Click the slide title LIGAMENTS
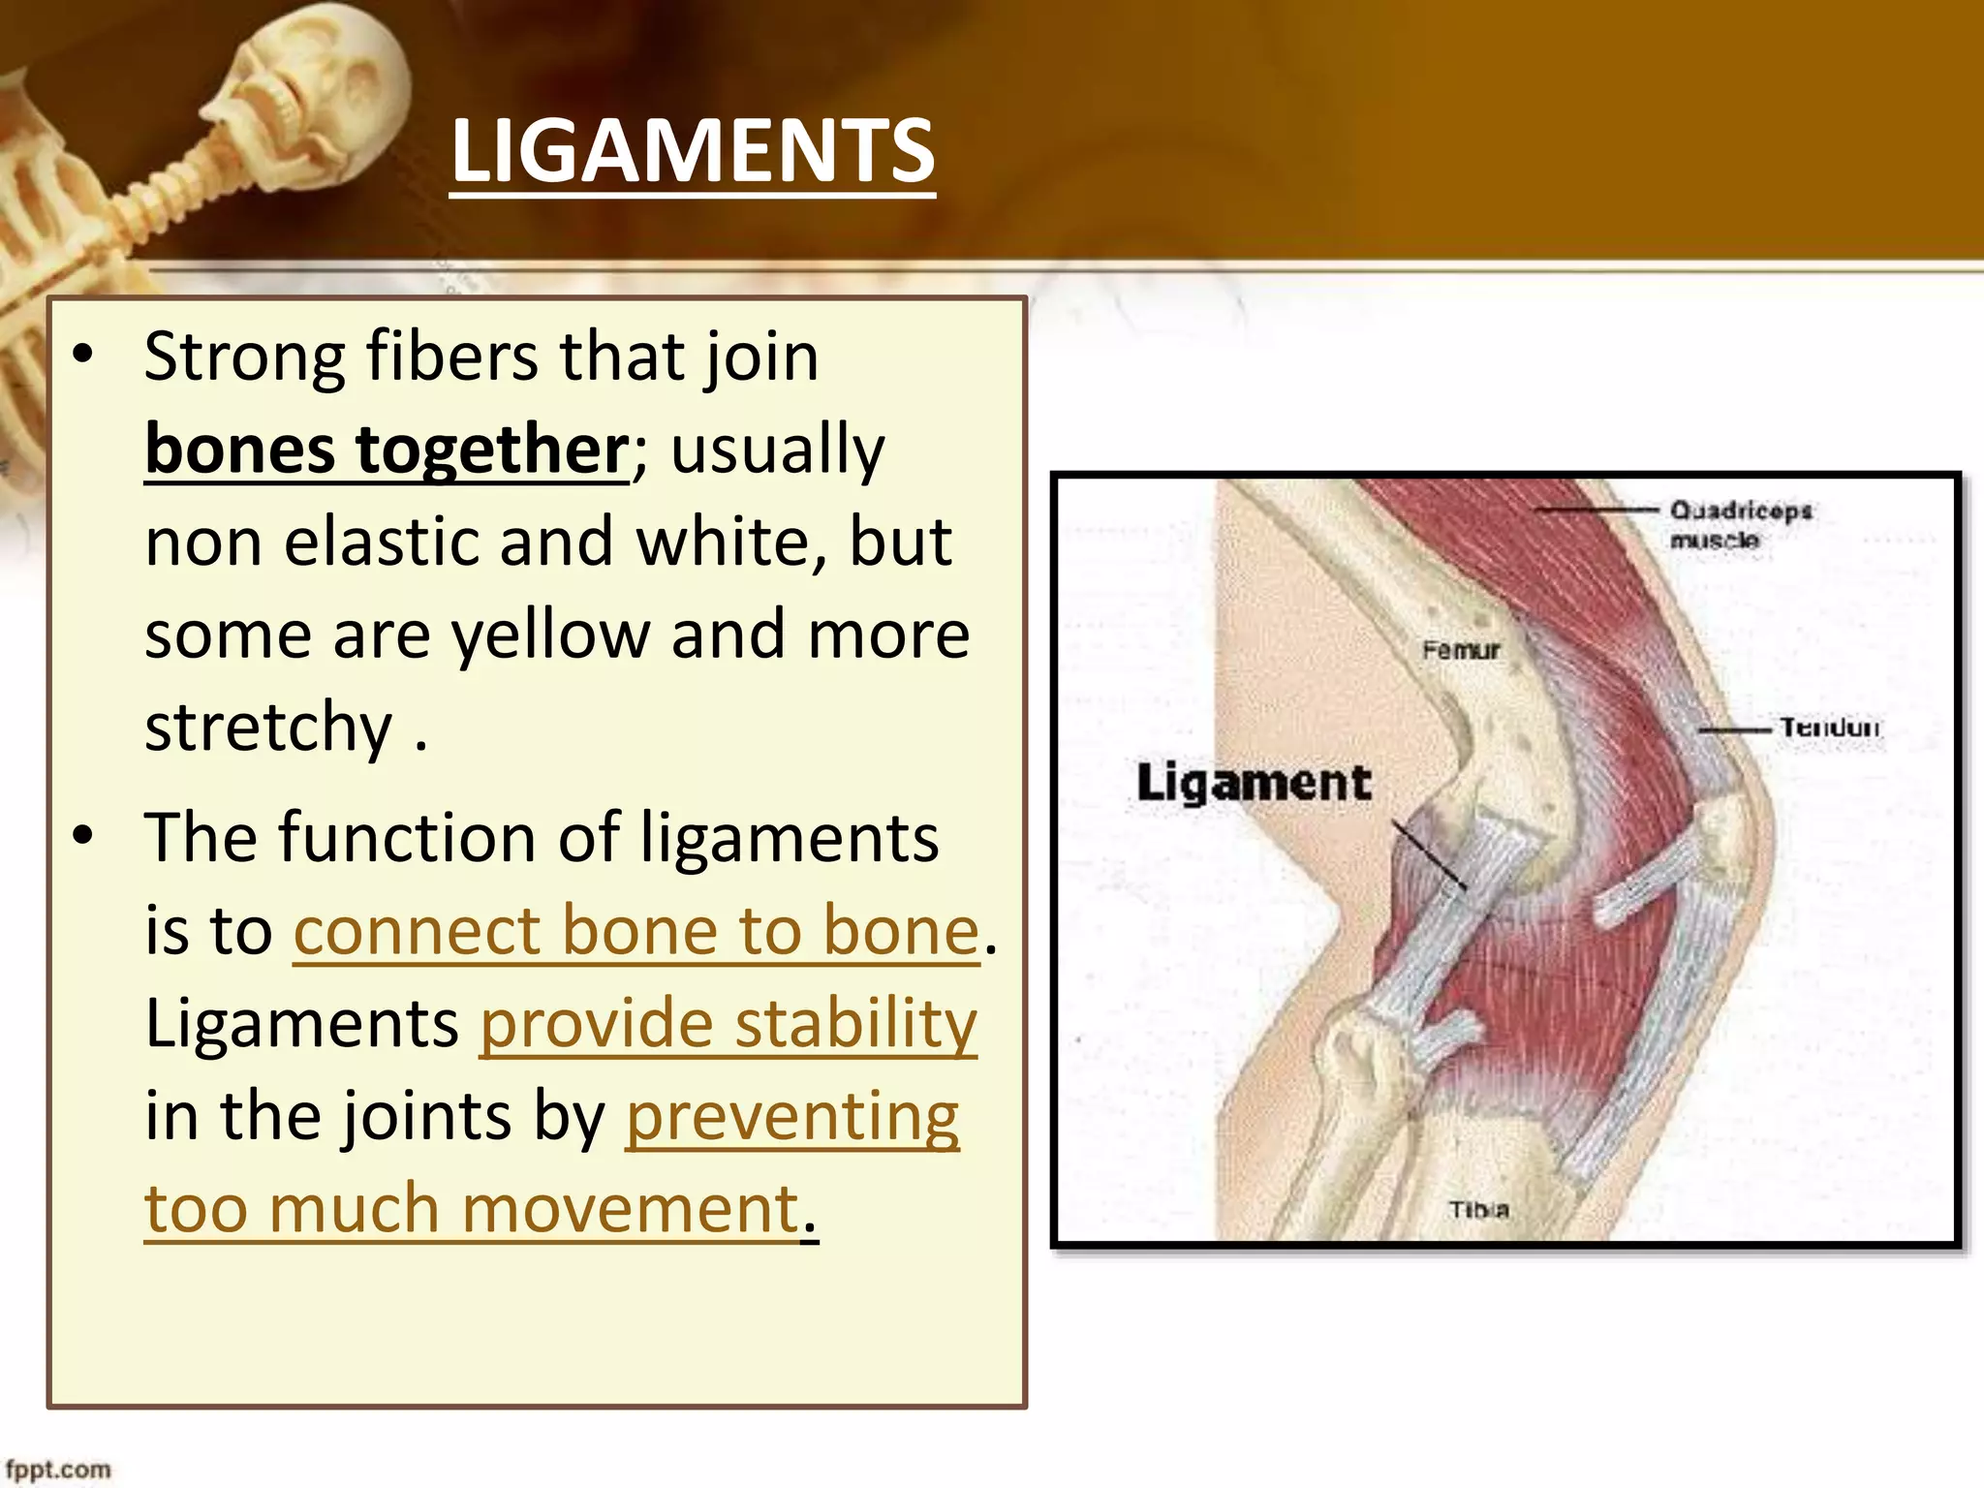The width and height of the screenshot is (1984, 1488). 693,150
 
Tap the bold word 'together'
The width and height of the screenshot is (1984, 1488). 493,449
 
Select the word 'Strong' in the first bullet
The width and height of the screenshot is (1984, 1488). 243,356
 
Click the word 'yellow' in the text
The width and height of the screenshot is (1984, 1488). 551,635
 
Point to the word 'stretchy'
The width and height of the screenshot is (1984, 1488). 268,727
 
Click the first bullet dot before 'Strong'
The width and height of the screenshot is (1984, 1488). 83,356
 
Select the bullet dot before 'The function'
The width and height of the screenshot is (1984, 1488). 83,835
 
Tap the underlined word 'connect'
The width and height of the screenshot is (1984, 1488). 417,930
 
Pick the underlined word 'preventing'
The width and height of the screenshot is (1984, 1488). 791,1116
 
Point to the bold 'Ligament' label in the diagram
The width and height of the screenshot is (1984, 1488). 1254,783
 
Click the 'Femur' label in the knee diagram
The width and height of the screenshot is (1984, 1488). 1461,650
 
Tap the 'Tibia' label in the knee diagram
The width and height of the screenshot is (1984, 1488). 1478,1209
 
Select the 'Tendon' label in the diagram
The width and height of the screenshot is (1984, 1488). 1829,728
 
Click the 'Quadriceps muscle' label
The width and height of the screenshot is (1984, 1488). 1739,524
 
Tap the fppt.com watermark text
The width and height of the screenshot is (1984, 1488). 58,1469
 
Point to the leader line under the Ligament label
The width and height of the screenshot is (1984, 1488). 1429,855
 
